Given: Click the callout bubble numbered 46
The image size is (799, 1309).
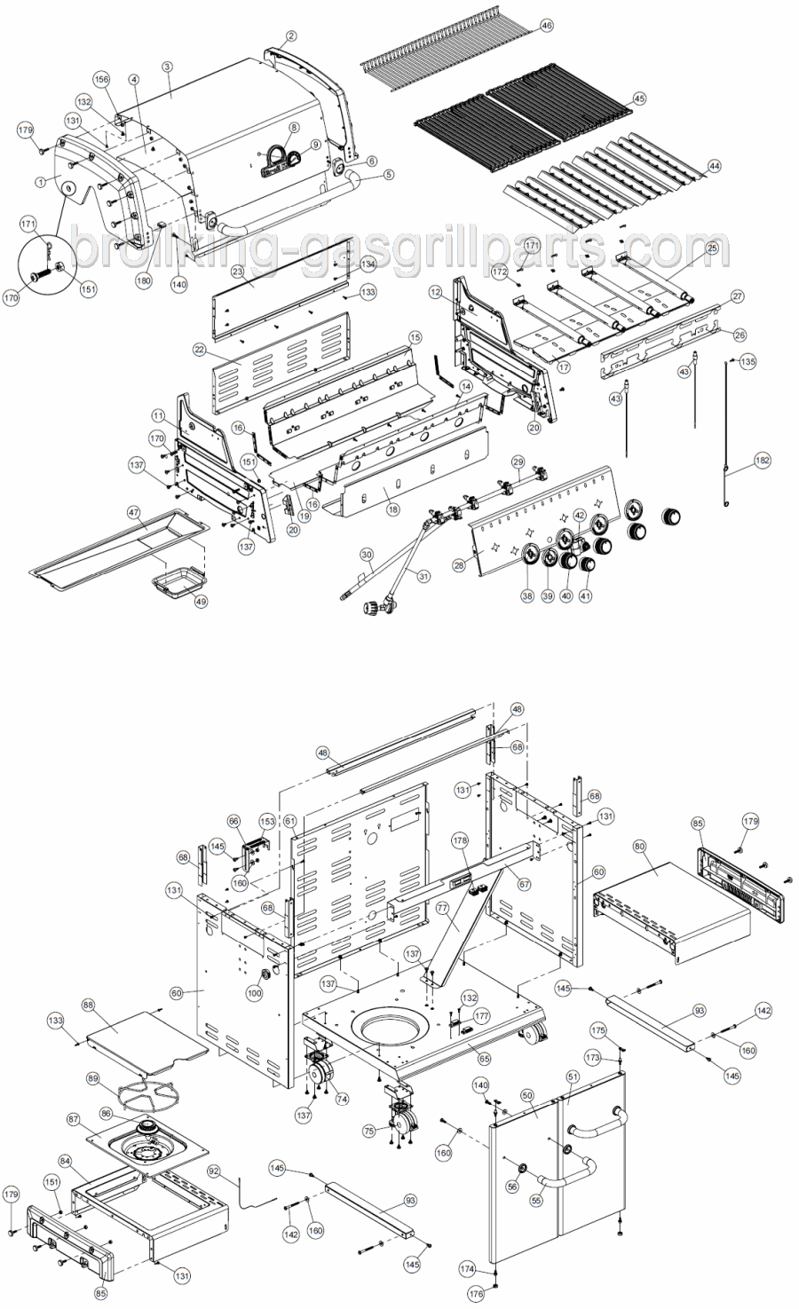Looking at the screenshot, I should click(x=546, y=26).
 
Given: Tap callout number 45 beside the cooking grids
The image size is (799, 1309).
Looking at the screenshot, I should click(x=639, y=99).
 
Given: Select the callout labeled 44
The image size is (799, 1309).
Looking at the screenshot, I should click(x=715, y=165).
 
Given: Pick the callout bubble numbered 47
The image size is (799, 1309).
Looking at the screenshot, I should click(x=133, y=512).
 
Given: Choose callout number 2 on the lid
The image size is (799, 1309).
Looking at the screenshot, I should click(x=291, y=36).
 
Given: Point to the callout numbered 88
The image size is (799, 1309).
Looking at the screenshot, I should click(x=88, y=1005).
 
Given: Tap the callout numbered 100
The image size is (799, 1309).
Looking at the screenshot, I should click(x=255, y=992).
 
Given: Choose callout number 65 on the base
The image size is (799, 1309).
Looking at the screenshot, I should click(x=485, y=1058).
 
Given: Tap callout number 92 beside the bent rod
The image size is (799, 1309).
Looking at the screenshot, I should click(x=213, y=1171).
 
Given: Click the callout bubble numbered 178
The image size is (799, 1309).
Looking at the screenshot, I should click(x=459, y=839).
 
